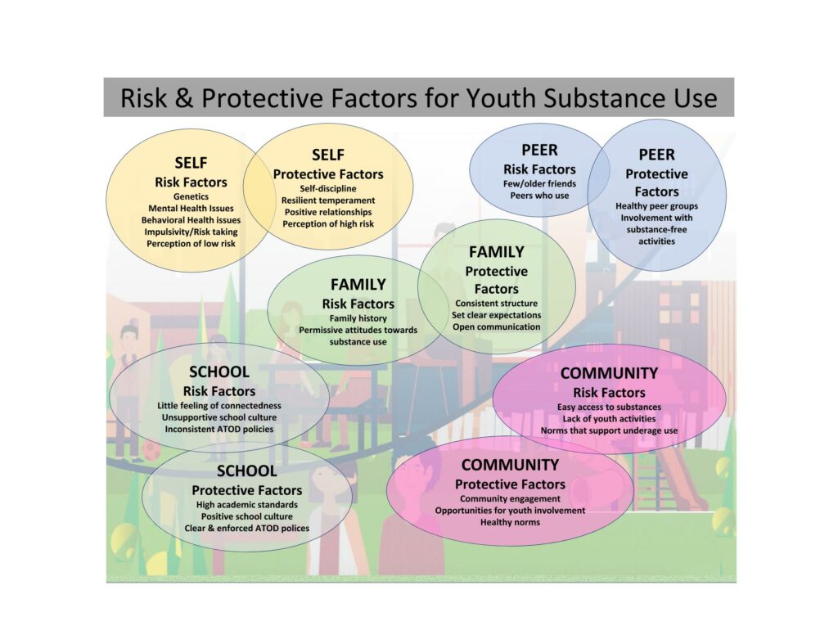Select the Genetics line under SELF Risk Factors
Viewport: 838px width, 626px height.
tap(191, 196)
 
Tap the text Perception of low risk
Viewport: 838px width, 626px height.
tap(191, 244)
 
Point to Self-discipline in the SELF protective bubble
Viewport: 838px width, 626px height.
tap(328, 189)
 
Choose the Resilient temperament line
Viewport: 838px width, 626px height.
tap(328, 200)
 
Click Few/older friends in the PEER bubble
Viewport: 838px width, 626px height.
tap(539, 184)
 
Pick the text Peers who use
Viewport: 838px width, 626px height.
tap(539, 196)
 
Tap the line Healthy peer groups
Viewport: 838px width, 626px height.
tap(656, 206)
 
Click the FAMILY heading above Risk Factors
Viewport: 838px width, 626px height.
tap(358, 285)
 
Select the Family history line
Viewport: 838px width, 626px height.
tap(358, 318)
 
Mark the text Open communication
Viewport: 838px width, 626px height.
tap(497, 327)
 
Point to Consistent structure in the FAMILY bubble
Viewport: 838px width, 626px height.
tap(497, 304)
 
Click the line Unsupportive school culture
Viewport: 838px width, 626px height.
tap(219, 417)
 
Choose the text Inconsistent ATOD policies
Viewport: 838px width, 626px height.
tap(219, 430)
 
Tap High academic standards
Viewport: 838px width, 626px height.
tap(247, 505)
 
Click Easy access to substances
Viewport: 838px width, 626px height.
tap(609, 408)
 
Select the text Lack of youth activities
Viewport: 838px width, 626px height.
tap(609, 419)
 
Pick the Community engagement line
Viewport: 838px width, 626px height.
tap(510, 499)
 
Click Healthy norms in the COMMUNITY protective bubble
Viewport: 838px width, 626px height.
tap(510, 522)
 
